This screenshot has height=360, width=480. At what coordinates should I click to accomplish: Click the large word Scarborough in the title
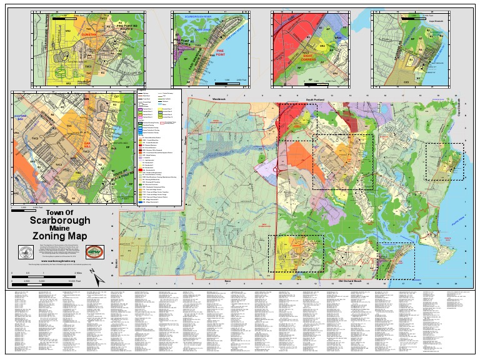coord(60,221)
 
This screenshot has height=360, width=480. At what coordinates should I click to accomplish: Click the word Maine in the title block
coord(60,228)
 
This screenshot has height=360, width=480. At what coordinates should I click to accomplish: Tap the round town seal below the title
coord(27,252)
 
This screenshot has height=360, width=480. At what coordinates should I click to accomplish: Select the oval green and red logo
coord(94,252)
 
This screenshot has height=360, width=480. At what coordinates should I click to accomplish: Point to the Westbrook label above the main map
coord(218,99)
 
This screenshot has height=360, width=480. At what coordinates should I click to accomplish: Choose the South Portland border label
coord(317,99)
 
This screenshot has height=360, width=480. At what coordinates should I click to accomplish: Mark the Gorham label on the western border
coord(185,141)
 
